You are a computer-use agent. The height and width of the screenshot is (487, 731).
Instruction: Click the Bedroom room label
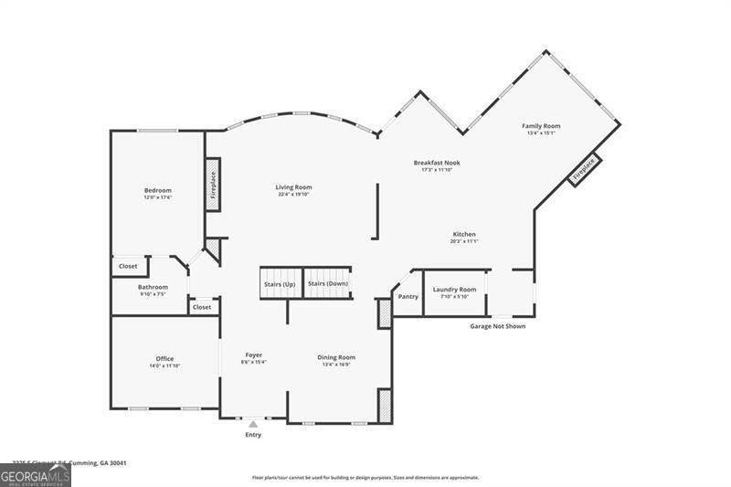click(157, 190)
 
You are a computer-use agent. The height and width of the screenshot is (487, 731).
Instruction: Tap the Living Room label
click(293, 187)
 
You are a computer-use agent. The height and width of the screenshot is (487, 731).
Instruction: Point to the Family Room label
click(541, 126)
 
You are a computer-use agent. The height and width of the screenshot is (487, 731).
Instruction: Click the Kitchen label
click(463, 234)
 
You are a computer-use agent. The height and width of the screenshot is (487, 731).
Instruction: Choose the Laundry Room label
click(454, 290)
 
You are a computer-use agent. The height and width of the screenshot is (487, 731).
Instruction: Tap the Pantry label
click(408, 296)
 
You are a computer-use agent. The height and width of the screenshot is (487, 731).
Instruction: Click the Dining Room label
click(336, 357)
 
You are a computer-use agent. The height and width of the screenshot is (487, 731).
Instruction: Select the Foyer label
click(253, 355)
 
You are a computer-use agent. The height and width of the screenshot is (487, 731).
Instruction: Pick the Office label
click(164, 358)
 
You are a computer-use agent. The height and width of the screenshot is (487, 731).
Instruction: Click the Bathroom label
click(153, 287)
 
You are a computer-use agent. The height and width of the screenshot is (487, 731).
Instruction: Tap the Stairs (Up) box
click(280, 283)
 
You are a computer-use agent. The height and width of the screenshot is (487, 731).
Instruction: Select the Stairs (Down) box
click(327, 283)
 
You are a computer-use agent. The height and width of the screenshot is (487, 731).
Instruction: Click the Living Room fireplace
click(213, 185)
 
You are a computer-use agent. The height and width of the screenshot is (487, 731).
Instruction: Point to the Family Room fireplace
click(584, 169)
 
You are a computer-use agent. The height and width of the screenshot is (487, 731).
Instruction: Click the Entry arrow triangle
click(253, 424)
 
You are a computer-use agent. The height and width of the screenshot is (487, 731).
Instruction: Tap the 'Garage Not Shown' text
click(497, 326)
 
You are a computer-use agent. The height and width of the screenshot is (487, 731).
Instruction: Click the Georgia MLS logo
click(36, 475)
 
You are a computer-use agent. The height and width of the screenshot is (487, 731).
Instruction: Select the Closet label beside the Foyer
click(202, 307)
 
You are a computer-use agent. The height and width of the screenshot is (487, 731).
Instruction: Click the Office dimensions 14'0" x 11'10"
click(164, 365)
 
